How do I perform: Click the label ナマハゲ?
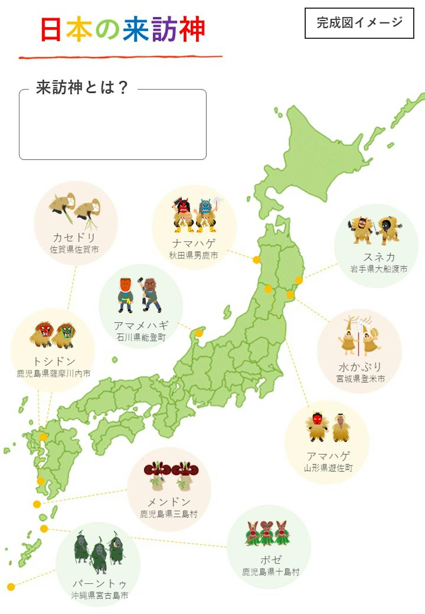pyautogui.click(x=193, y=243)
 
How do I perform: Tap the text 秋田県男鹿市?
pyautogui.click(x=193, y=255)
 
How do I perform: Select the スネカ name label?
pyautogui.click(x=379, y=257)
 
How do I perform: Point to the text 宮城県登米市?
pyautogui.click(x=360, y=379)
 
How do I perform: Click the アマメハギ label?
pyautogui.click(x=141, y=325)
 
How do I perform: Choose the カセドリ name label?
pyautogui.click(x=74, y=237)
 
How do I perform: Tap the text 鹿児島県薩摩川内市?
pyautogui.click(x=53, y=373)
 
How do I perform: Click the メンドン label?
pyautogui.click(x=169, y=502)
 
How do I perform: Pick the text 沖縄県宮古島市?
pyautogui.click(x=100, y=596)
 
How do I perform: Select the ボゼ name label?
pyautogui.click(x=271, y=560)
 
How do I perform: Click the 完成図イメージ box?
pyautogui.click(x=359, y=23)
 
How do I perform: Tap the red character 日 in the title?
pyautogui.click(x=51, y=29)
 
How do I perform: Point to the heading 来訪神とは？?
pyautogui.click(x=82, y=87)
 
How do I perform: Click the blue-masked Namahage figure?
pyautogui.click(x=206, y=215)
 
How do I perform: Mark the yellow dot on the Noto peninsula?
pyautogui.click(x=199, y=333)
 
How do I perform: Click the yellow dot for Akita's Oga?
pyautogui.click(x=256, y=260)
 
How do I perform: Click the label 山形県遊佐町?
pyautogui.click(x=328, y=468)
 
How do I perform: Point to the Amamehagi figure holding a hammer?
pyautogui.click(x=150, y=294)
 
